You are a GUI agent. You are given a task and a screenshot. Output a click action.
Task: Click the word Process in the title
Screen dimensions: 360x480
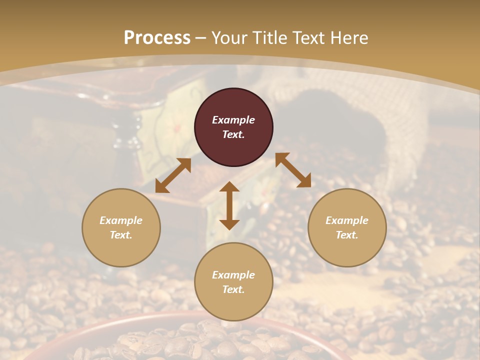pyautogui.click(x=157, y=38)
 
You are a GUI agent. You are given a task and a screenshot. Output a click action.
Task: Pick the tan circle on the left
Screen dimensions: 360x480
pyautogui.click(x=121, y=250)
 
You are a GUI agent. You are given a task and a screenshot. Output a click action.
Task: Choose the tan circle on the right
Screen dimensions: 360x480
pyautogui.click(x=347, y=250)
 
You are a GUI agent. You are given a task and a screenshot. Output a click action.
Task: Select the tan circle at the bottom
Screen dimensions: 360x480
pyautogui.click(x=233, y=304)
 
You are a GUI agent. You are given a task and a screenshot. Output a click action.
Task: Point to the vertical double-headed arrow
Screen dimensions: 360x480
pyautogui.click(x=229, y=205)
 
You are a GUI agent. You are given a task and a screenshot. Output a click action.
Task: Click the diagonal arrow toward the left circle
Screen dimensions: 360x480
pyautogui.click(x=173, y=175)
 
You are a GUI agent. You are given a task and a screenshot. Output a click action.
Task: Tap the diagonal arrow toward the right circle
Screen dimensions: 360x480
pyautogui.click(x=293, y=170)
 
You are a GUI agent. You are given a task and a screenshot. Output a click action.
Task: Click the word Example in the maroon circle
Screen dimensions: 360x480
pyautogui.click(x=233, y=120)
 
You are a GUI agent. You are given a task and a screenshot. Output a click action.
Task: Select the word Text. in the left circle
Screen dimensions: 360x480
pyautogui.click(x=121, y=235)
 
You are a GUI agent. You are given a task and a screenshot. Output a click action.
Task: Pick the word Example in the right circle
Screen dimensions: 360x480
pyautogui.click(x=347, y=220)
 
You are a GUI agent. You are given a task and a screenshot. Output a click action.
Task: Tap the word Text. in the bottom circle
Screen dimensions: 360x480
pyautogui.click(x=233, y=289)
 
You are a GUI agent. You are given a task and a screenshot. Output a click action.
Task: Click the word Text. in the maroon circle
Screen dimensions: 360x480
pyautogui.click(x=233, y=134)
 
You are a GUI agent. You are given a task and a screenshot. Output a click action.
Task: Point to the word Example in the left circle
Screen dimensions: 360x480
pyautogui.click(x=121, y=220)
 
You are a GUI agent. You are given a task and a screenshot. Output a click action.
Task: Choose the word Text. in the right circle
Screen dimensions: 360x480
pyautogui.click(x=347, y=235)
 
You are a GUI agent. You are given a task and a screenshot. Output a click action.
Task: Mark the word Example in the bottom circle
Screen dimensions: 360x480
pyautogui.click(x=233, y=275)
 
